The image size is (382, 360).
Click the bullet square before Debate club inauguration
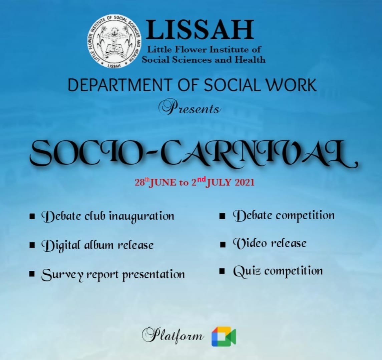tap(32, 216)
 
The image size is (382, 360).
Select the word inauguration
tap(141, 216)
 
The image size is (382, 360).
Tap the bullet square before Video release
tap(223, 244)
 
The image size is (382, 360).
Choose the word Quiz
tap(247, 271)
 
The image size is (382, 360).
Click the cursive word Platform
tap(172, 335)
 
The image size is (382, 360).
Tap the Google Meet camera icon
tap(224, 336)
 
